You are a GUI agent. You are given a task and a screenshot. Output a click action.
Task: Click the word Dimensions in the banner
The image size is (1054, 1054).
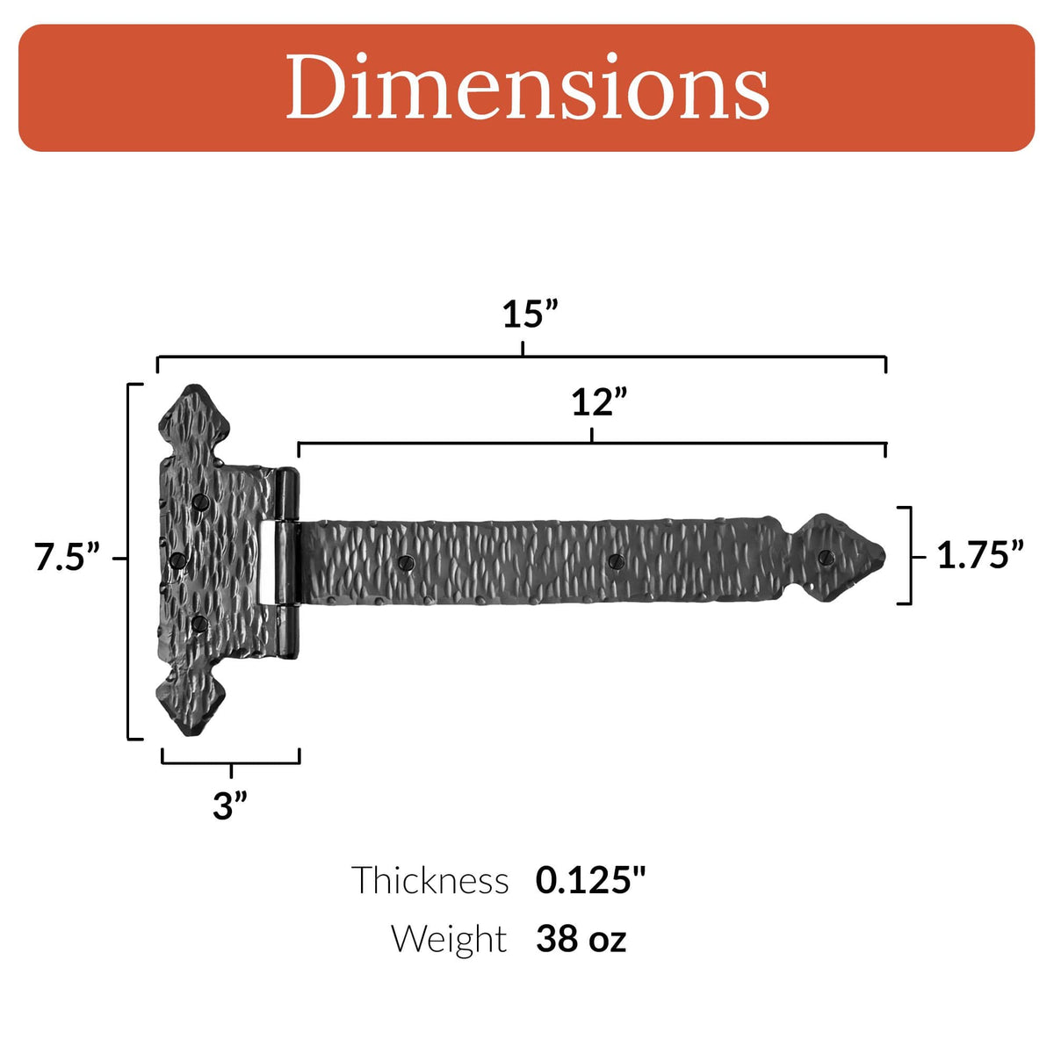coord(527,87)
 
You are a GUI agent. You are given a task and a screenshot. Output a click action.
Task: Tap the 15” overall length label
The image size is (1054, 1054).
coord(530,314)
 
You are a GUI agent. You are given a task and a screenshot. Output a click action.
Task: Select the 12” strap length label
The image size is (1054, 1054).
coord(599,402)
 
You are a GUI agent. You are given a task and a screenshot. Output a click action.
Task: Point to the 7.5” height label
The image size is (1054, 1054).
coord(67,558)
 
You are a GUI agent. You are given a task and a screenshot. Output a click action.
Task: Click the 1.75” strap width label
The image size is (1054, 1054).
coord(979,555)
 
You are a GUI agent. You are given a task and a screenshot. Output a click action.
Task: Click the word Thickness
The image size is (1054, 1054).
coord(430,880)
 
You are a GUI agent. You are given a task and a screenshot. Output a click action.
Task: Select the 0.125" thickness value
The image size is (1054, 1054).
coord(590,880)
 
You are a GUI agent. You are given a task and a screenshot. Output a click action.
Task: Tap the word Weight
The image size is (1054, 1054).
coord(449,939)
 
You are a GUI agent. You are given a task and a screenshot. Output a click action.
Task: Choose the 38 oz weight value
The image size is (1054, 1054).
coord(581,939)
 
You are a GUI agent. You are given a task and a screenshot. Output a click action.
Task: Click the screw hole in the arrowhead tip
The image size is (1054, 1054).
coord(826,557)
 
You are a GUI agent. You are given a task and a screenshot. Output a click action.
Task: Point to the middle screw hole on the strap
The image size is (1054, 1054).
coord(615,560)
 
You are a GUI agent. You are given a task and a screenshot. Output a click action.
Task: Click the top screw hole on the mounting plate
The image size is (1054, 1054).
coord(200,503)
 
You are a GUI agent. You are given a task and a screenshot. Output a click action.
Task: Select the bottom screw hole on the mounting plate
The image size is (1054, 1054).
coord(199,624)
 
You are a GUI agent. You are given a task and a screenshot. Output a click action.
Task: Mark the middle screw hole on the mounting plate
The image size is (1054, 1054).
coord(177,560)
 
